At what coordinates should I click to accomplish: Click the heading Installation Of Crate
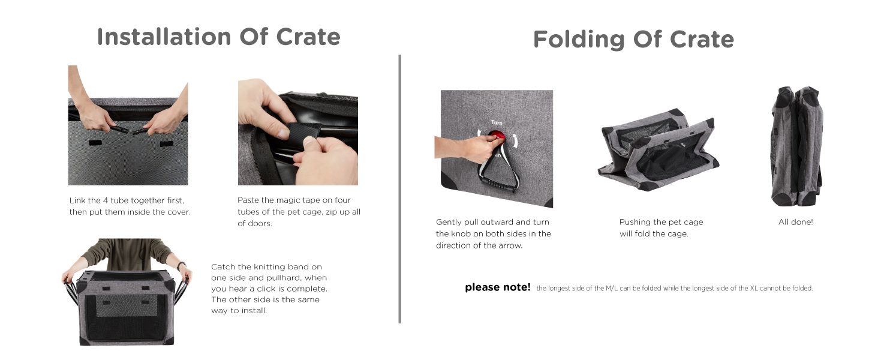point(218,37)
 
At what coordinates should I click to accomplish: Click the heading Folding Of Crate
point(633,40)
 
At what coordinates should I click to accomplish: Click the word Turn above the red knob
point(497,122)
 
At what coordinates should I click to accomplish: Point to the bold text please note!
point(498,287)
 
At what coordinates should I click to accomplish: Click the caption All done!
point(795,222)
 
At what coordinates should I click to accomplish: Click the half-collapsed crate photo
point(659,150)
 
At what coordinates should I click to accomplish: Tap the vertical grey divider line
point(399,189)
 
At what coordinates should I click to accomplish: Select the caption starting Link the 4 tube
point(130,206)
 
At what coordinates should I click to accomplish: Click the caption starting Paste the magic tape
point(299,212)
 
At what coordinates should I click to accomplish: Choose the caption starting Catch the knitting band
point(269,289)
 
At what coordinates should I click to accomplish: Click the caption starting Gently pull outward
point(493,233)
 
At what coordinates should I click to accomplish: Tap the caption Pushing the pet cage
point(661,228)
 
